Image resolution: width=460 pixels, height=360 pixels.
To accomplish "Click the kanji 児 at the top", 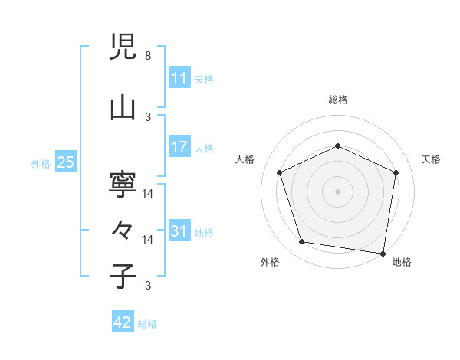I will coord(123,48).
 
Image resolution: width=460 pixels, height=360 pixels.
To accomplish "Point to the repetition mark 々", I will coord(123,230).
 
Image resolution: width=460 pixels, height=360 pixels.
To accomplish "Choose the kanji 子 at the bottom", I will coord(123,276).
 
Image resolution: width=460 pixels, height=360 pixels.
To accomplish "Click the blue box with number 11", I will coord(179,78).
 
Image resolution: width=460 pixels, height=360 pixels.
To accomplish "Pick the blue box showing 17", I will coord(179,147).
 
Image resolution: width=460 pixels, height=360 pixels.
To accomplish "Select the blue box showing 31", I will coord(179,231).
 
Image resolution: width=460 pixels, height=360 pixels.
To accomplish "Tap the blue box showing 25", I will coord(65,162).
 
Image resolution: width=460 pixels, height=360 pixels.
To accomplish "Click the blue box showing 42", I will coord(122,322).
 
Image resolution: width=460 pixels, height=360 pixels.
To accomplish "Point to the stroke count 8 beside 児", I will coord(147,56).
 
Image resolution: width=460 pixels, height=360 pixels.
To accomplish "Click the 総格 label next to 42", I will coord(147,324).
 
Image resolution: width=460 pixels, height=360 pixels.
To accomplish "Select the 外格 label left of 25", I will coord(41,163).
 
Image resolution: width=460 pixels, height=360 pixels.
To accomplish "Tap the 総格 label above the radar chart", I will coord(338,100).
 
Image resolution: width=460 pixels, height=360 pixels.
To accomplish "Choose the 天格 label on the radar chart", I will coord(431,159).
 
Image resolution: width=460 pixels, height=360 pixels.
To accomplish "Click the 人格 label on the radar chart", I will coord(245,159).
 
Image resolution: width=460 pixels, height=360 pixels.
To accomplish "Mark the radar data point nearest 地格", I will coord(383,253).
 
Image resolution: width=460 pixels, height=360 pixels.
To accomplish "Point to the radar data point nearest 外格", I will coord(302,242).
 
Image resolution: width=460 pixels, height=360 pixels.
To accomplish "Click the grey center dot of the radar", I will coord(337,191).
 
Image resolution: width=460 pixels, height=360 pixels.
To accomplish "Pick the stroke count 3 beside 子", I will coord(147,286).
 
